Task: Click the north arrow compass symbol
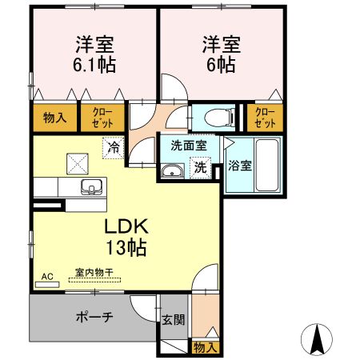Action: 318,340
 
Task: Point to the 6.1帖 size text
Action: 94,65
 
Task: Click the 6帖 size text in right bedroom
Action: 222,65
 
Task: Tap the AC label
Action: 46,276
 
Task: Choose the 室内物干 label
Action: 93,274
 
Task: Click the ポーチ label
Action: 94,317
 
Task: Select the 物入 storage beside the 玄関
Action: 204,347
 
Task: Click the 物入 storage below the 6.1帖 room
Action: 54,118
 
